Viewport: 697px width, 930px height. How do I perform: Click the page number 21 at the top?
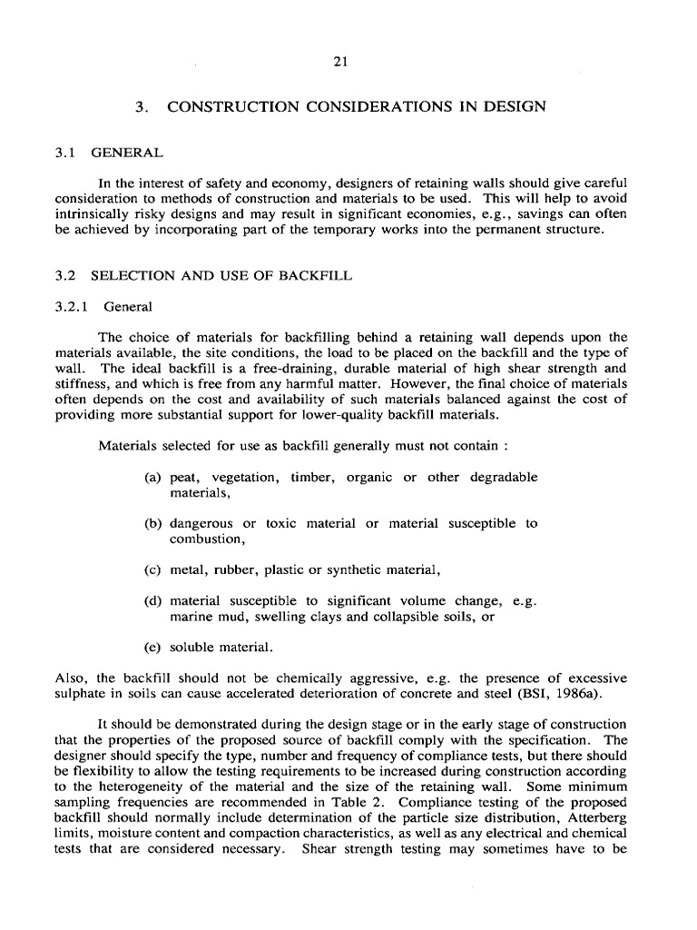coord(342,63)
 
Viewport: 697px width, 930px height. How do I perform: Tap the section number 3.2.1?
coord(72,306)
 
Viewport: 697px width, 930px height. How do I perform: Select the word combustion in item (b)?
coord(206,539)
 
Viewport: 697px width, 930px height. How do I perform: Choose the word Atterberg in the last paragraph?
coord(594,819)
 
